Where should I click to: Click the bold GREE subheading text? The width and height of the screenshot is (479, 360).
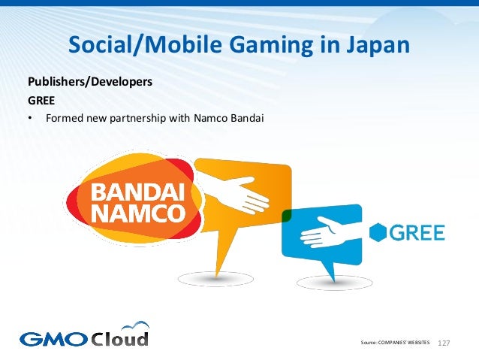42,99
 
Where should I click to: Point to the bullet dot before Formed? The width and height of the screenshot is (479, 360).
30,118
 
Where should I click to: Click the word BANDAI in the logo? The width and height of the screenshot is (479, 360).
137,190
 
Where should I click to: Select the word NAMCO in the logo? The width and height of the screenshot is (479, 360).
137,212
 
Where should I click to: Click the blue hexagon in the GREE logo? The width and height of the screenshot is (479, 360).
378,233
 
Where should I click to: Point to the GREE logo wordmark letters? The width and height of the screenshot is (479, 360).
417,233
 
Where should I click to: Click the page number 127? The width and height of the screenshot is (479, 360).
444,343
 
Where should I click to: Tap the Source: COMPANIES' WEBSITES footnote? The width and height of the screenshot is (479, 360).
395,343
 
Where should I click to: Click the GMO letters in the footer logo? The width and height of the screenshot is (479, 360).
52,338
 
